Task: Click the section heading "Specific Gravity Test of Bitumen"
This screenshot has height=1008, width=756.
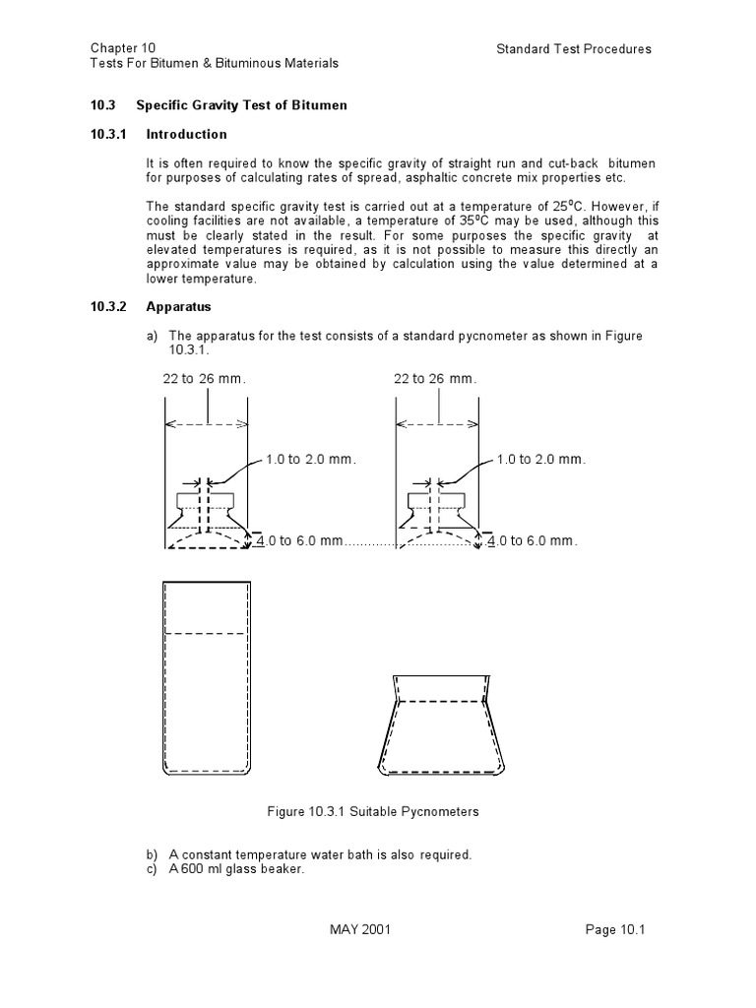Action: coord(241,105)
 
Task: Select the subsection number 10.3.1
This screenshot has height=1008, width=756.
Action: coord(108,135)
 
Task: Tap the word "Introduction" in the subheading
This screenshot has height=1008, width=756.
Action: coord(186,135)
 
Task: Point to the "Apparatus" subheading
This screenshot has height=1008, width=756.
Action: coord(178,307)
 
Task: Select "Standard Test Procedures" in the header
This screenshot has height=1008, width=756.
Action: coord(574,49)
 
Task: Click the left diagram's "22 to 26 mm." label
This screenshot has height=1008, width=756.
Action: coord(204,379)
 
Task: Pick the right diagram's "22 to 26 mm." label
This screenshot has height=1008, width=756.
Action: coord(435,379)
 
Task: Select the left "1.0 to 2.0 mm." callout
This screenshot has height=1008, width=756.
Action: coord(310,460)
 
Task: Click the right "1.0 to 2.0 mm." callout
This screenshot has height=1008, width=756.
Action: coord(541,460)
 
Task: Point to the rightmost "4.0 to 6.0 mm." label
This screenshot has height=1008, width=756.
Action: coord(535,541)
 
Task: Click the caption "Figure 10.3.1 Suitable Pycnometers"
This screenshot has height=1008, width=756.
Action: coord(373,812)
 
